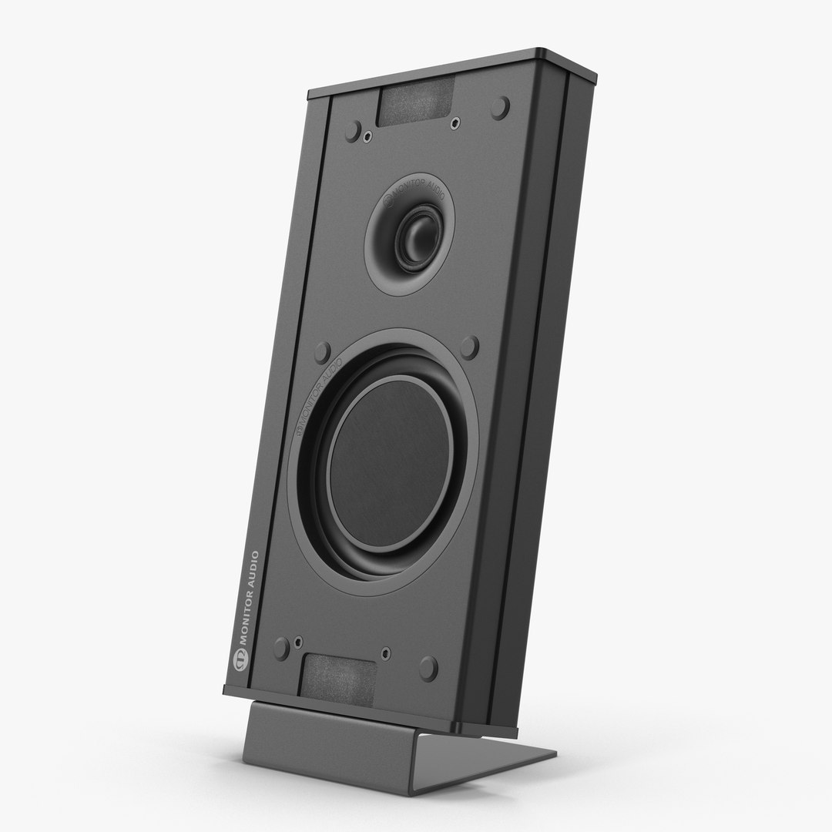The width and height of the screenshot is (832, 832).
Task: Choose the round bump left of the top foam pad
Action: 353,131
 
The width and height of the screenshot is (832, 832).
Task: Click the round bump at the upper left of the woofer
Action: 323,351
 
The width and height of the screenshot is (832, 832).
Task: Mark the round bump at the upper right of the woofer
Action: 470,347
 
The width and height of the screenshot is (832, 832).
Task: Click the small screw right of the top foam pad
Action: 455,122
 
